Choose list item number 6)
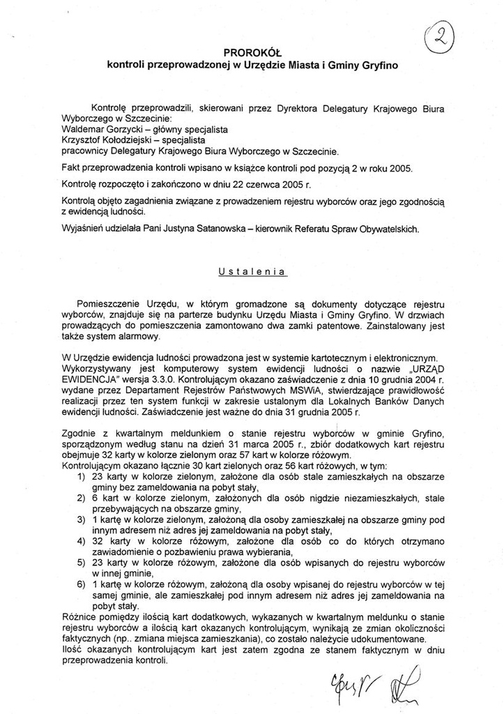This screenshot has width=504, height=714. (81, 584)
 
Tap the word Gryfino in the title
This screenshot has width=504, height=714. (376, 65)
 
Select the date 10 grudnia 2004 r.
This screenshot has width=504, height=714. (406, 377)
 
